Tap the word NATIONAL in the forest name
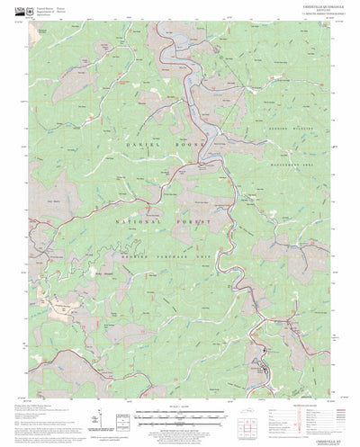click(139, 220)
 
